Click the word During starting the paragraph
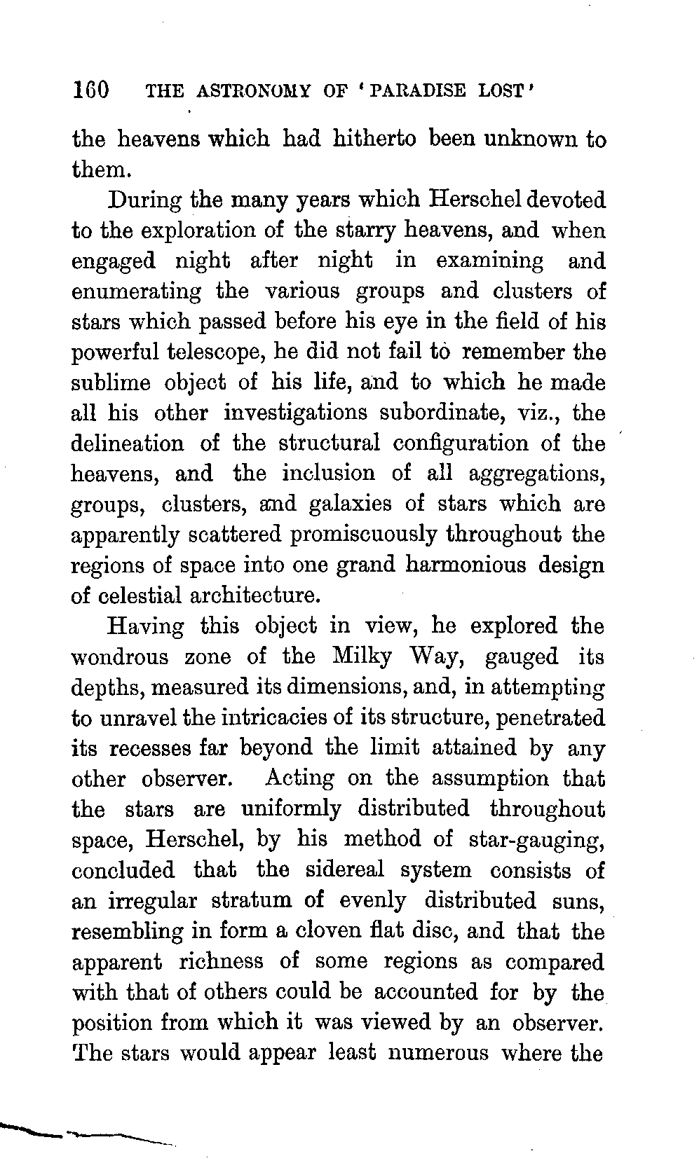click(x=144, y=200)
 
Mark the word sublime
click(x=111, y=383)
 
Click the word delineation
click(x=128, y=443)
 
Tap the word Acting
click(x=299, y=778)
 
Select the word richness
click(x=221, y=961)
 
